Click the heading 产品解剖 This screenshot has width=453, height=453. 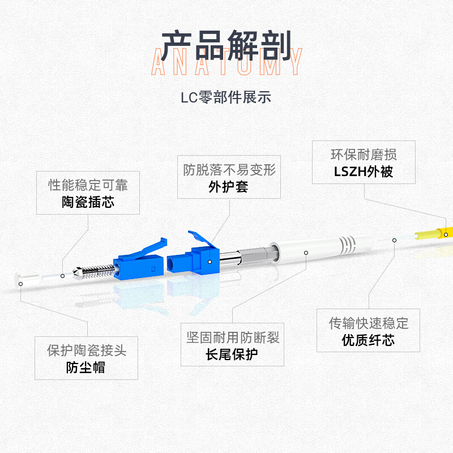point(226,46)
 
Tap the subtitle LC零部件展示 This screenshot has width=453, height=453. point(226,97)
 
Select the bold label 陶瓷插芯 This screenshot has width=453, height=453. point(88,202)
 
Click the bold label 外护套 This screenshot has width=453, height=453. point(229,187)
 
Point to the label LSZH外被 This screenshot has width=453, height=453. point(364,172)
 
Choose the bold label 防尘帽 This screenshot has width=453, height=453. point(86,367)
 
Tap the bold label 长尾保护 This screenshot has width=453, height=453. point(232,354)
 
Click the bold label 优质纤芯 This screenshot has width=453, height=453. point(368,340)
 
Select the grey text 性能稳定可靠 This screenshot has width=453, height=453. point(88,185)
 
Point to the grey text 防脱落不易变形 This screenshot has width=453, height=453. point(229,169)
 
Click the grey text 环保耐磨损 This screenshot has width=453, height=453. point(364,155)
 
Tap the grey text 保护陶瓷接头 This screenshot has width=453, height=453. point(87,351)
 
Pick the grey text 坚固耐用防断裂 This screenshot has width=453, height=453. point(233,337)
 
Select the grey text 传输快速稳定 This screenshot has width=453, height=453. point(369,323)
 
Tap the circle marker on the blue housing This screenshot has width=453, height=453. point(210,262)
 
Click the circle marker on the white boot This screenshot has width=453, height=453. point(306,253)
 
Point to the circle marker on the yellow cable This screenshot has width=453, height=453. point(446,234)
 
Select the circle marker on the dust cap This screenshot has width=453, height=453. point(20,284)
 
